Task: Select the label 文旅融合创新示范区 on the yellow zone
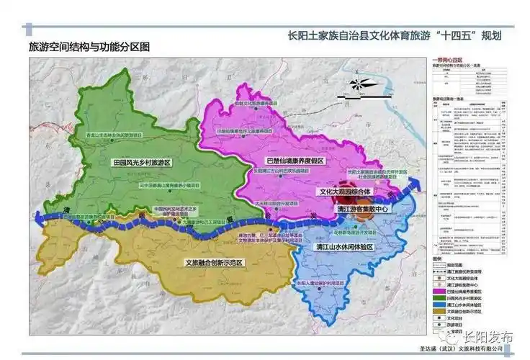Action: tap(213, 263)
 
